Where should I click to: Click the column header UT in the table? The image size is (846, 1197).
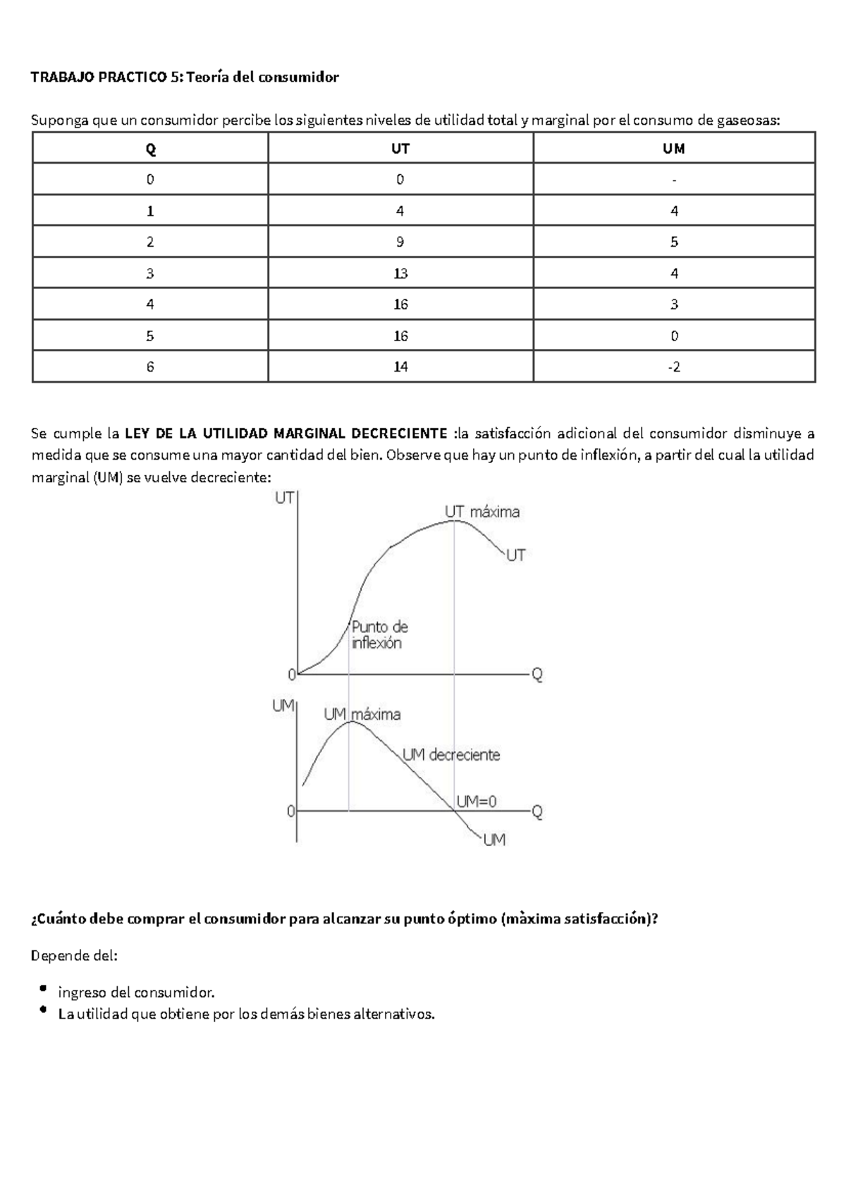pyautogui.click(x=400, y=149)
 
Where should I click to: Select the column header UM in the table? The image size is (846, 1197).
pyautogui.click(x=674, y=149)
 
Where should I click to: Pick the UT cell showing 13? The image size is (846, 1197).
pyautogui.click(x=400, y=274)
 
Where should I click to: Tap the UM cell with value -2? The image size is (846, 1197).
pyautogui.click(x=674, y=367)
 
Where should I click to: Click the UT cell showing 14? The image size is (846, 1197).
pyautogui.click(x=400, y=367)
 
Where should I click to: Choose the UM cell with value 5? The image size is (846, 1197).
pyautogui.click(x=674, y=242)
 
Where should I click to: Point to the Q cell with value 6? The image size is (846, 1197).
pyautogui.click(x=149, y=367)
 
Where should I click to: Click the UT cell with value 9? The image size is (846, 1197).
pyautogui.click(x=400, y=242)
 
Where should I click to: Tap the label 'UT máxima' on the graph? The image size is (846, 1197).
pyautogui.click(x=482, y=512)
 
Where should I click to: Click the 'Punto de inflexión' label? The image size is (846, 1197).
pyautogui.click(x=379, y=634)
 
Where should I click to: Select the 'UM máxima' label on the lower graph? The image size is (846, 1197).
pyautogui.click(x=362, y=714)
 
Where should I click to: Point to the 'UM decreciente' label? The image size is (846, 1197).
pyautogui.click(x=451, y=755)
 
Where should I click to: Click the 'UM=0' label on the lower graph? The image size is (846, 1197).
pyautogui.click(x=477, y=802)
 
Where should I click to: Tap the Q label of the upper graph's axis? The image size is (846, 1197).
pyautogui.click(x=537, y=675)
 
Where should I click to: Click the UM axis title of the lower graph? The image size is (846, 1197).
pyautogui.click(x=283, y=706)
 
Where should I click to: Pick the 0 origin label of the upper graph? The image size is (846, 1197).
pyautogui.click(x=291, y=675)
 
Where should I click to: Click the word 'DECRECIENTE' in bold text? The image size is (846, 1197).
pyautogui.click(x=398, y=432)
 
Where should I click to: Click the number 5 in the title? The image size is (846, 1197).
pyautogui.click(x=174, y=77)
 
